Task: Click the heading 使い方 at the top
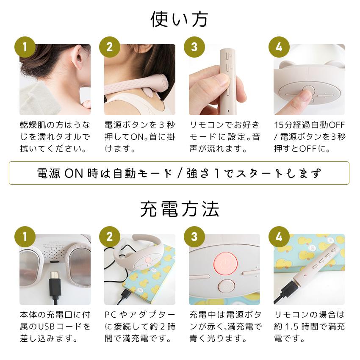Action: [x=179, y=19]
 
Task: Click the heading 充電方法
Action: [x=180, y=209]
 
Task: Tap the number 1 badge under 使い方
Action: [x=25, y=47]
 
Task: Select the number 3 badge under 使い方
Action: [x=194, y=47]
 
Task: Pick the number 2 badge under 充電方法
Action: [x=110, y=237]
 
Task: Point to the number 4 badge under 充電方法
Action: [x=279, y=237]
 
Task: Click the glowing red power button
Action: [x=225, y=263]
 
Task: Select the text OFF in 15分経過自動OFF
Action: [x=337, y=125]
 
